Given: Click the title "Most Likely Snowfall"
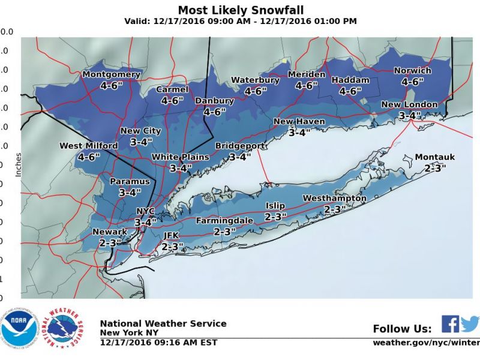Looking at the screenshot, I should point(240,10).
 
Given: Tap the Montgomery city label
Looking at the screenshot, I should point(111,74).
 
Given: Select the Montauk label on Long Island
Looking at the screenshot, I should point(435,157).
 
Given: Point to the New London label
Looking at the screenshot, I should point(410,104).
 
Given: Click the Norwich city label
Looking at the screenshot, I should point(413,71).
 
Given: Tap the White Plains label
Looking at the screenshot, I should point(180,157).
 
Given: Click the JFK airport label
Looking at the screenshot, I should point(172,236).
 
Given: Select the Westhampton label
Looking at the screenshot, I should point(334,198).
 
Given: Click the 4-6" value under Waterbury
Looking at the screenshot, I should point(256,91).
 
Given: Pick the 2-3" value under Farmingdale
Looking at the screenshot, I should point(224,232).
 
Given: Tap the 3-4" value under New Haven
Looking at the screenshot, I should point(299,133).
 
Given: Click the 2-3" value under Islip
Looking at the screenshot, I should point(276,216).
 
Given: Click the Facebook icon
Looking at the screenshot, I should point(450,324).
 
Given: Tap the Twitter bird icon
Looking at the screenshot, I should point(470,324).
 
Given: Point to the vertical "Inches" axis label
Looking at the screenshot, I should point(18,164).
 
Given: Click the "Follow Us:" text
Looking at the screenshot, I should point(402,329).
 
